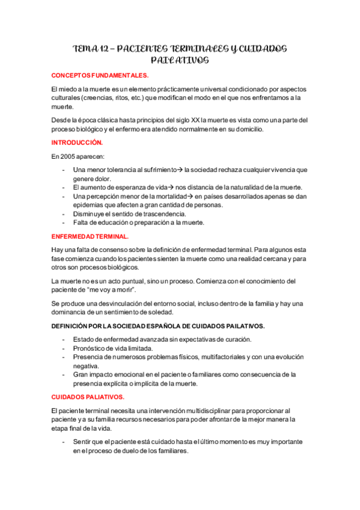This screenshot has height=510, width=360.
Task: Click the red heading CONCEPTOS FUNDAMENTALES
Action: click(99, 76)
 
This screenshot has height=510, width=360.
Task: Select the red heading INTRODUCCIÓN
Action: click(77, 143)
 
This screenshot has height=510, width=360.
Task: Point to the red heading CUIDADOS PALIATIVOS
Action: click(88, 398)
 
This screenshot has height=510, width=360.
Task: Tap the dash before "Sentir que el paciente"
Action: click(64, 442)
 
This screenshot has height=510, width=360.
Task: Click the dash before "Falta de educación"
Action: click(64, 223)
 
